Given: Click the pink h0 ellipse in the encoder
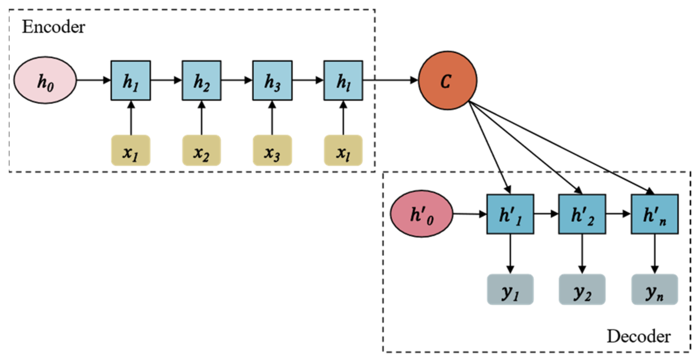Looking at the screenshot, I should [x=45, y=80].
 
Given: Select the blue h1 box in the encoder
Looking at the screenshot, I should [x=130, y=80].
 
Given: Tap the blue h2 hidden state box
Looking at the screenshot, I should [x=201, y=80].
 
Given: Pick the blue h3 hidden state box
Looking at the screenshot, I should [x=272, y=80].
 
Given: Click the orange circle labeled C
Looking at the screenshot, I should [x=447, y=80].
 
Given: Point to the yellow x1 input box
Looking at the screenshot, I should [x=130, y=150].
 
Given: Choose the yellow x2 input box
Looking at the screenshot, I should [x=201, y=150].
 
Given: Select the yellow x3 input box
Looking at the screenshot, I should [x=272, y=150].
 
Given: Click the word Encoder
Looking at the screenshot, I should [x=53, y=27].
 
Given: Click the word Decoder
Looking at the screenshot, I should [x=638, y=336].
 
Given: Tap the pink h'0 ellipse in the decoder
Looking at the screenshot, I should [x=421, y=214].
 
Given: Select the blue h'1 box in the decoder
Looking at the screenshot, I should [x=510, y=214].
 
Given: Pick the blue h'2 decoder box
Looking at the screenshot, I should [x=582, y=214].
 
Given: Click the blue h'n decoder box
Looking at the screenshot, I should [x=654, y=214].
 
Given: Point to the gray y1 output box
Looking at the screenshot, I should [x=510, y=290].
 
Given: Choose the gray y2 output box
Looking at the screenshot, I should [x=582, y=290].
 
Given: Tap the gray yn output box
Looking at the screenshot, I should [x=654, y=290].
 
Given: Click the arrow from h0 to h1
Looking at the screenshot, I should [x=94, y=80].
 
